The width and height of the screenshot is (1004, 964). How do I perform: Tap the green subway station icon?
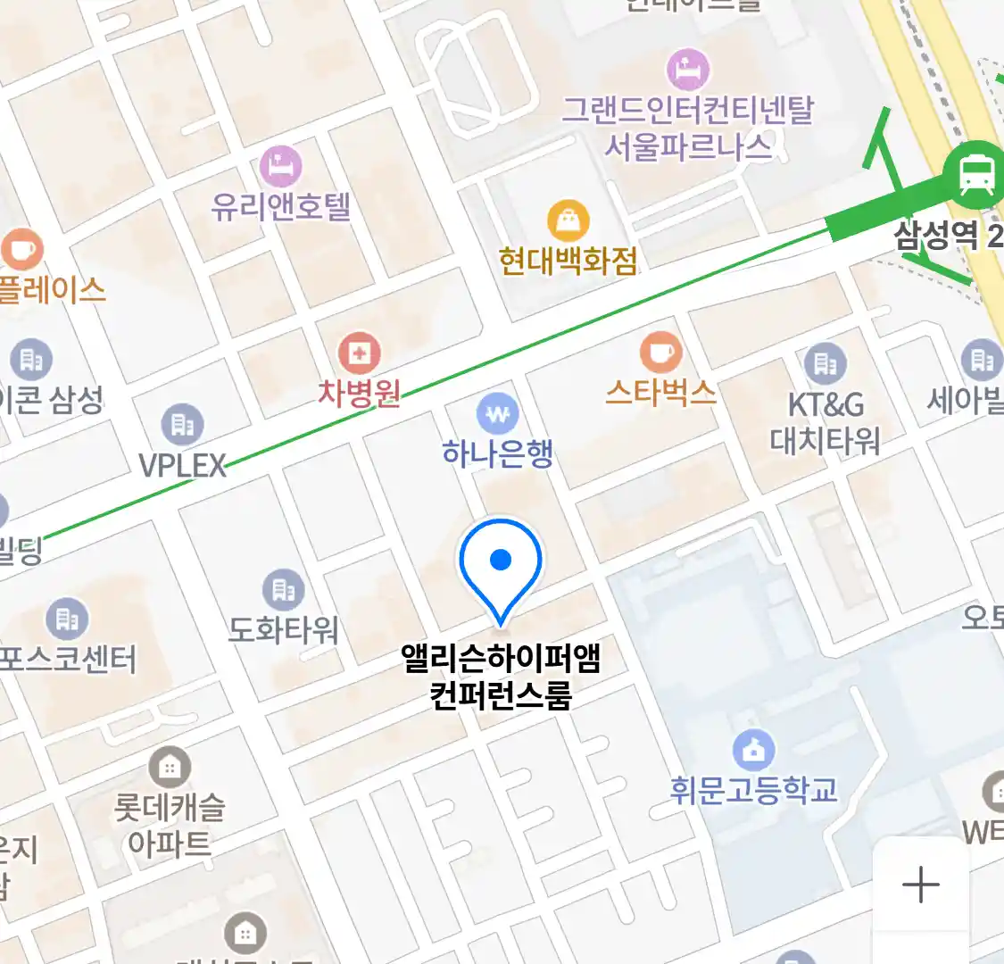point(977,175)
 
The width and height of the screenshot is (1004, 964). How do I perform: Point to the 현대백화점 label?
point(568,261)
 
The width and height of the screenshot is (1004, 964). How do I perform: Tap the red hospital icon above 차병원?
point(360,354)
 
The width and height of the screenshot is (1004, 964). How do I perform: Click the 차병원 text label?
point(360,393)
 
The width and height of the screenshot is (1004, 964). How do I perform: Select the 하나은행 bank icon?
point(498,414)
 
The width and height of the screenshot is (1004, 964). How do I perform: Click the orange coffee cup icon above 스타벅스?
point(660,353)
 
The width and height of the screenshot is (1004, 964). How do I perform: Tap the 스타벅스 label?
point(660,392)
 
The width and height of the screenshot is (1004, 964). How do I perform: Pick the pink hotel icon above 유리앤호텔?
point(281,166)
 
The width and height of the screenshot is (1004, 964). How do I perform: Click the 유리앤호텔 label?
point(281,207)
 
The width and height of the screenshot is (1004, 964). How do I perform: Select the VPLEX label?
point(183,465)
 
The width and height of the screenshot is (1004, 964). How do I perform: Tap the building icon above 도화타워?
point(283,589)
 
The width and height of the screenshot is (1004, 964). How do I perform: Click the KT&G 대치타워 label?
point(825,422)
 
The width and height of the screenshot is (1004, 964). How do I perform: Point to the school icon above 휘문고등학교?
point(754,751)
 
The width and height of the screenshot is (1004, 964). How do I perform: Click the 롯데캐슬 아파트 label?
point(170,825)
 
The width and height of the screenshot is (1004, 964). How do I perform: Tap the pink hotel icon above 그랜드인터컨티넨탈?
point(688,69)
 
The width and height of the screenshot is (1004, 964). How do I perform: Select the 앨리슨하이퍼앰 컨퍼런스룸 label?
point(501,677)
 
